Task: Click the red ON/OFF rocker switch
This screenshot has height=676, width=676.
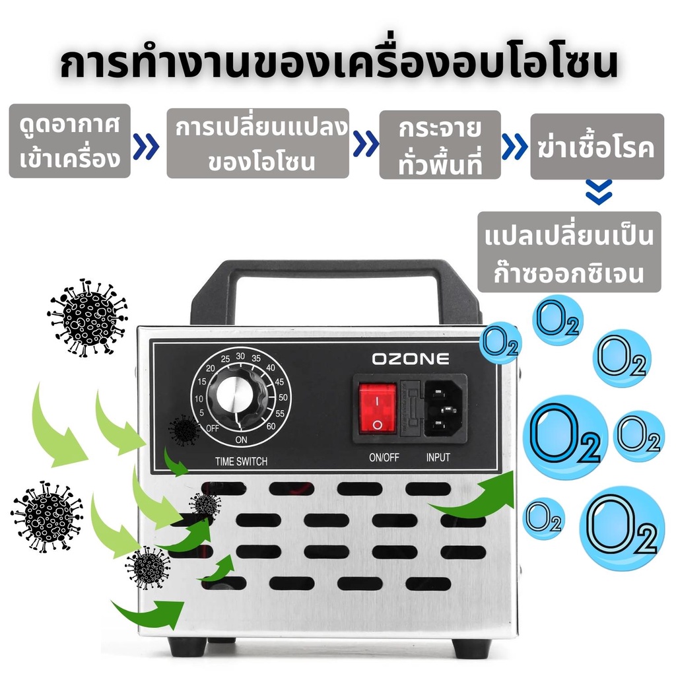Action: point(378,407)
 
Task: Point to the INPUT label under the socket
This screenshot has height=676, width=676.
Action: point(438,457)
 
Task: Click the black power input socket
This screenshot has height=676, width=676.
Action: point(444,407)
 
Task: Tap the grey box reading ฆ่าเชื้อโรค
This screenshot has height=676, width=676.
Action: point(597,147)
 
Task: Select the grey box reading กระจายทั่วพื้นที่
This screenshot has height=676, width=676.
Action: point(440,145)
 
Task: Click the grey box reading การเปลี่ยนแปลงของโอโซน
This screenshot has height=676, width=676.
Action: point(257,143)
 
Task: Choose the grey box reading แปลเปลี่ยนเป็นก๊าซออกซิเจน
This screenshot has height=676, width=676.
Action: point(568,252)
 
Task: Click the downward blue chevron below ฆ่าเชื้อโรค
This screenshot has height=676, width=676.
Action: point(599,195)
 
